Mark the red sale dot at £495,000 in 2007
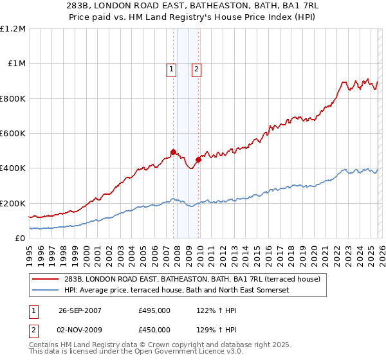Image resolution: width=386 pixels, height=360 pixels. coord(173,152)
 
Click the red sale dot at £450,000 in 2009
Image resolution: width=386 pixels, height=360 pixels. coord(198,160)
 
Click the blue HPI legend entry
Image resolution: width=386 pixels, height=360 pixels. coord(177,290)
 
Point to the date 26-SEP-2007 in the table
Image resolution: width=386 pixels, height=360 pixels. coord(80,310)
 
